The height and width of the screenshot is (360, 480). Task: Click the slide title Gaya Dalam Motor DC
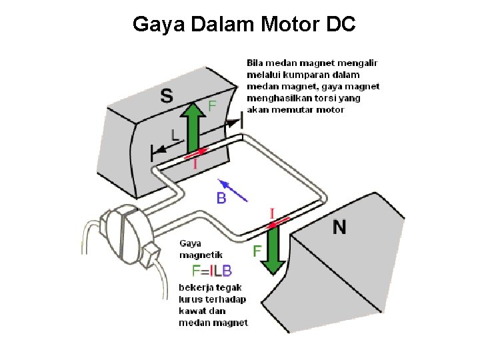point(244,25)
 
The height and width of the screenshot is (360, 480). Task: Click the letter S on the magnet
point(166,96)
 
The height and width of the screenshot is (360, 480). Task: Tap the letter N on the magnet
point(339,227)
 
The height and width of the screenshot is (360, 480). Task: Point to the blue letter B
point(221,198)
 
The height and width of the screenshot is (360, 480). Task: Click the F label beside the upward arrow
point(212,105)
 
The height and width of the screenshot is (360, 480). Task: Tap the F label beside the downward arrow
point(257,251)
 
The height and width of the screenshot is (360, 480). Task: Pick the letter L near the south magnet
point(175,135)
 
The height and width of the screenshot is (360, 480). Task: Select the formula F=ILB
point(212,271)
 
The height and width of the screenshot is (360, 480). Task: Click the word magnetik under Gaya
point(201,255)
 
